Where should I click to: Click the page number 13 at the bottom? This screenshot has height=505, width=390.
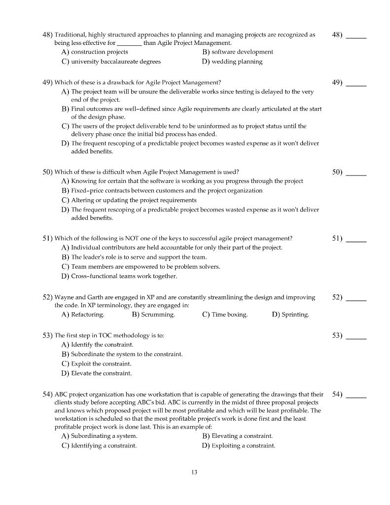pos(194,472)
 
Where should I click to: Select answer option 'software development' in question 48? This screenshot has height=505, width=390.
pos(242,52)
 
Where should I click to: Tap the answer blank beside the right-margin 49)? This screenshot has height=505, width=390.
pos(356,84)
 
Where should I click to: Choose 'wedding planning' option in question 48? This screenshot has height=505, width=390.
pos(237,62)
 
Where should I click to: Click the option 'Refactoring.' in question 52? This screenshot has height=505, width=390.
pos(87,315)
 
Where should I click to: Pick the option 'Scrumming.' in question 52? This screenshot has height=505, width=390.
pos(158,315)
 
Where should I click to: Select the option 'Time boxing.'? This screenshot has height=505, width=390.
pos(229,315)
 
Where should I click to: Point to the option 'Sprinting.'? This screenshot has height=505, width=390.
pos(295,315)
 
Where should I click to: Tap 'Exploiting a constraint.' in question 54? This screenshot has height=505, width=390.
pos(243,446)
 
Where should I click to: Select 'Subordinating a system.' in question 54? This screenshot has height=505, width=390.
pos(104,436)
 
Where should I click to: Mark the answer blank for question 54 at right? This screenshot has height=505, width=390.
pos(356,396)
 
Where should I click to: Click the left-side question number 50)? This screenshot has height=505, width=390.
pos(48,172)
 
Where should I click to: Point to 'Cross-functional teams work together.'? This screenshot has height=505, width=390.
pos(124,276)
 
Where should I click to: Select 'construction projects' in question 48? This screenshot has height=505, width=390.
pos(99,52)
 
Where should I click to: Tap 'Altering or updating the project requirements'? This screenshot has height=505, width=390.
pos(134,200)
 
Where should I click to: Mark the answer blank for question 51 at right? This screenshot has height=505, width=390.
pos(356,240)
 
